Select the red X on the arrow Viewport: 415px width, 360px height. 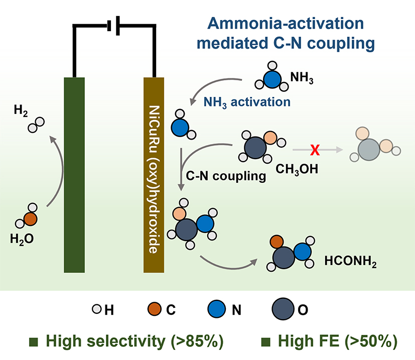pyautogui.click(x=316, y=150)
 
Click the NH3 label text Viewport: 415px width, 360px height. pyautogui.click(x=302, y=79)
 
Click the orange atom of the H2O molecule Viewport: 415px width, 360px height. pyautogui.click(x=31, y=218)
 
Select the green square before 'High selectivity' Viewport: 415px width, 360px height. pyautogui.click(x=34, y=342)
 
